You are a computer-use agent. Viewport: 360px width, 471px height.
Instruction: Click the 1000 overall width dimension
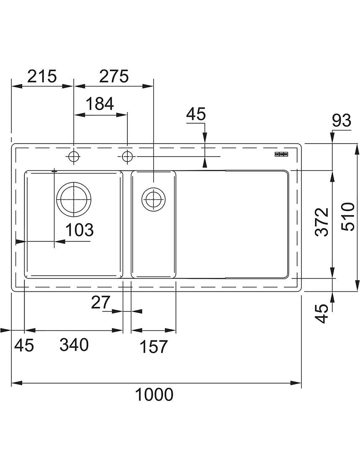click(154, 394)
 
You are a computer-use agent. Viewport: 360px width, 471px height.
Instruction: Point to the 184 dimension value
click(100, 104)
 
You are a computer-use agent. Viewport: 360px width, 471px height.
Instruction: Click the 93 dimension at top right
click(342, 121)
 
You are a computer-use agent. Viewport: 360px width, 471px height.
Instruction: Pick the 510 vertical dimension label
click(348, 216)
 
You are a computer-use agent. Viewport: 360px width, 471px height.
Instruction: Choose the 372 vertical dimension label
click(323, 222)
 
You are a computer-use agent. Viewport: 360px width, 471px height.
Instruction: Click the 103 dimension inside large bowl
click(80, 230)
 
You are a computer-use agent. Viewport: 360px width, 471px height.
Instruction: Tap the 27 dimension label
click(101, 302)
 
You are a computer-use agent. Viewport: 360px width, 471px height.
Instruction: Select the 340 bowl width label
click(74, 345)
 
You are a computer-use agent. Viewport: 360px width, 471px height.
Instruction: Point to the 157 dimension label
click(154, 347)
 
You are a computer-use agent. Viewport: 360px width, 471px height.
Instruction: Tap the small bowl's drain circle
click(153, 198)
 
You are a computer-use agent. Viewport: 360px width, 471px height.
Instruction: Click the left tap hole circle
click(74, 156)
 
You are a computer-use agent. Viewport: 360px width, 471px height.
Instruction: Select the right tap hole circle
click(127, 156)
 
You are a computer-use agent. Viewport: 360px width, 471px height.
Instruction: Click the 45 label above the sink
click(196, 114)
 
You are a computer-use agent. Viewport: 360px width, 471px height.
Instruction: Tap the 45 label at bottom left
click(24, 345)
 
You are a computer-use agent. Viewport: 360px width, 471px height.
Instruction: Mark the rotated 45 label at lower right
click(323, 313)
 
